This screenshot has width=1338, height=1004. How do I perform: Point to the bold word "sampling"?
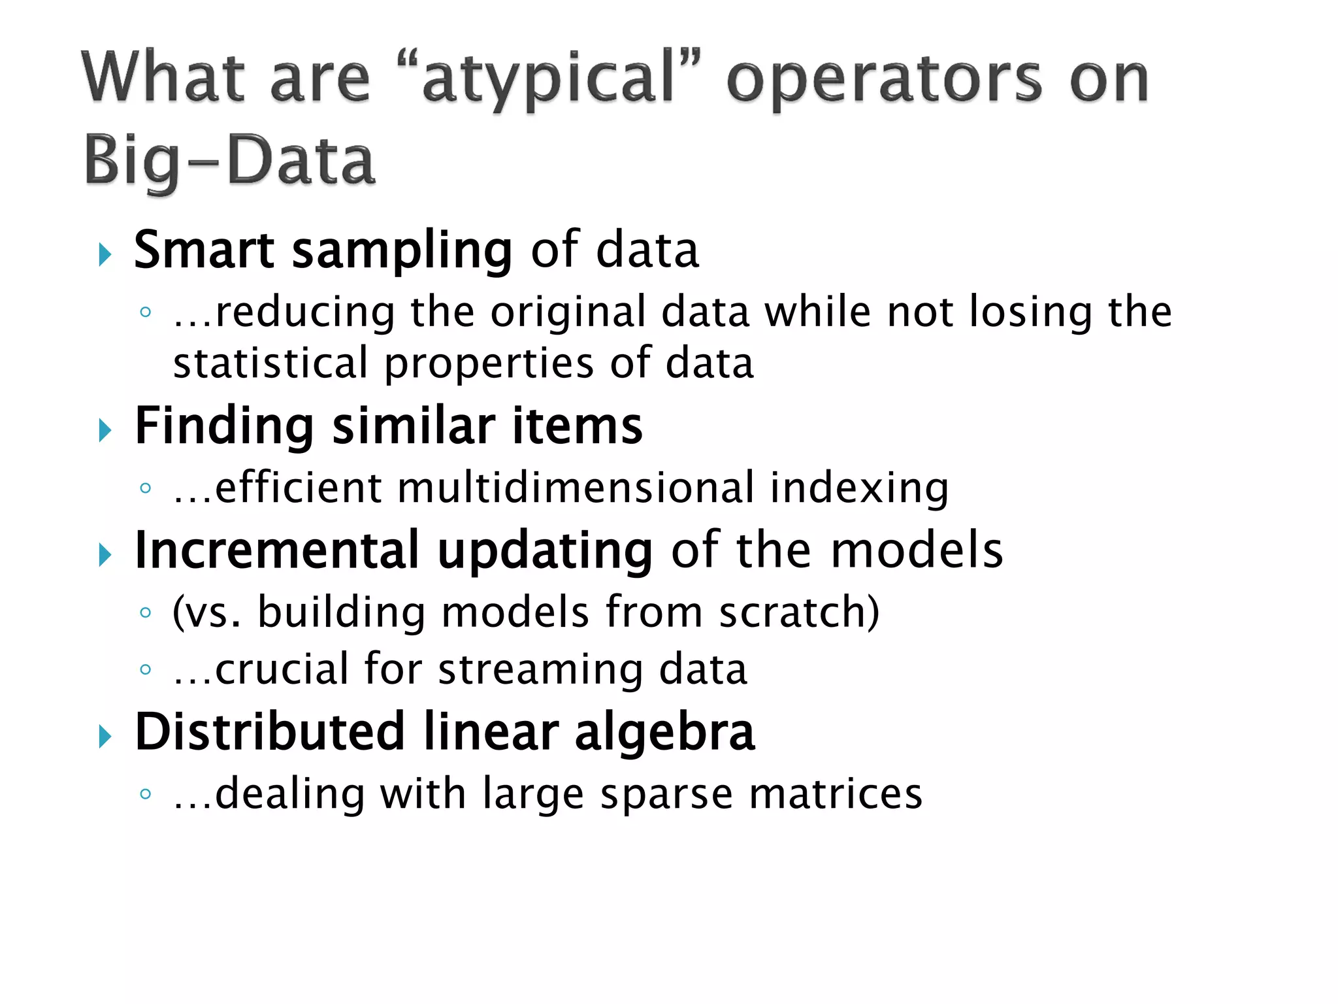point(401,252)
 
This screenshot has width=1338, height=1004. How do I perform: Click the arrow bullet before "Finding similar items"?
point(105,430)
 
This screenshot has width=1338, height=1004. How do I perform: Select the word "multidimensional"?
point(576,488)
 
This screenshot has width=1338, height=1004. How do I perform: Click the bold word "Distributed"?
point(269,731)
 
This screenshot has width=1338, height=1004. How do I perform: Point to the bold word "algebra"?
point(664,733)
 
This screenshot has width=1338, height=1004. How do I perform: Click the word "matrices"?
point(836,794)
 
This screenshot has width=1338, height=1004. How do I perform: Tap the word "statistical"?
point(270,363)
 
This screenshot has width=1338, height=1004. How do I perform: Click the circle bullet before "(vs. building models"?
point(146,612)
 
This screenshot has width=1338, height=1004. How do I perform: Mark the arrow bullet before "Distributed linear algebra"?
point(105,737)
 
